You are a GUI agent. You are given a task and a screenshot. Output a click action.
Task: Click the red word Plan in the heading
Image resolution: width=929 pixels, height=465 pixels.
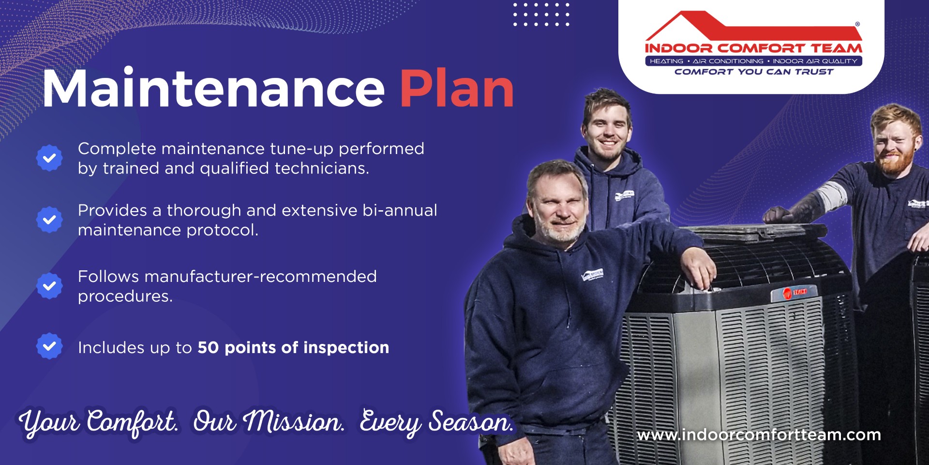(x=457, y=89)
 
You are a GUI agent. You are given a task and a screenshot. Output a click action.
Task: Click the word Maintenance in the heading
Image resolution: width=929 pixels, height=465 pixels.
(x=213, y=89)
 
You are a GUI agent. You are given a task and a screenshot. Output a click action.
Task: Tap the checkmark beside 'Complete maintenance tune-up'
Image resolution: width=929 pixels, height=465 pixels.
(x=49, y=158)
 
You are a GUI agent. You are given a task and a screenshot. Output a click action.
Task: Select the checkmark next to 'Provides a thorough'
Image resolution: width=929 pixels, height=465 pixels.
(x=49, y=220)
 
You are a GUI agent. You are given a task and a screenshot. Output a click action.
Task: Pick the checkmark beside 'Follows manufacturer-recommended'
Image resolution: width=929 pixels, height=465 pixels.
(x=49, y=286)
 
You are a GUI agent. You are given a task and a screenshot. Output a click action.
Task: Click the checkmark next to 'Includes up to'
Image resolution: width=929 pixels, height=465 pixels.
(x=49, y=346)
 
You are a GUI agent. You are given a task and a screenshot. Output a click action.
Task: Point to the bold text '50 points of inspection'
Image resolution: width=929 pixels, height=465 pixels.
(x=293, y=348)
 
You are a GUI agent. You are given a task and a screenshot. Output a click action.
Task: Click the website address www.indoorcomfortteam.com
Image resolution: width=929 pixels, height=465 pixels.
(x=759, y=435)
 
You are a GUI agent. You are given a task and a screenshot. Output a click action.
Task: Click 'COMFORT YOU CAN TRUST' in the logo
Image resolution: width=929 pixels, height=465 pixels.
(x=754, y=72)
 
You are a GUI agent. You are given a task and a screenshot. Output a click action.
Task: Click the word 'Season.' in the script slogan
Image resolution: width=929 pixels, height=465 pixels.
(x=470, y=421)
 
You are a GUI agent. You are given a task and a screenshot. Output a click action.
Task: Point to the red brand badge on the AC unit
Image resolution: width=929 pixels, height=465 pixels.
(x=794, y=292)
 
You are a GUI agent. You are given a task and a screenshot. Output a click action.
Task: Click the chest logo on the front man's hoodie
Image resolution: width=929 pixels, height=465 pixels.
(x=592, y=275)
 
